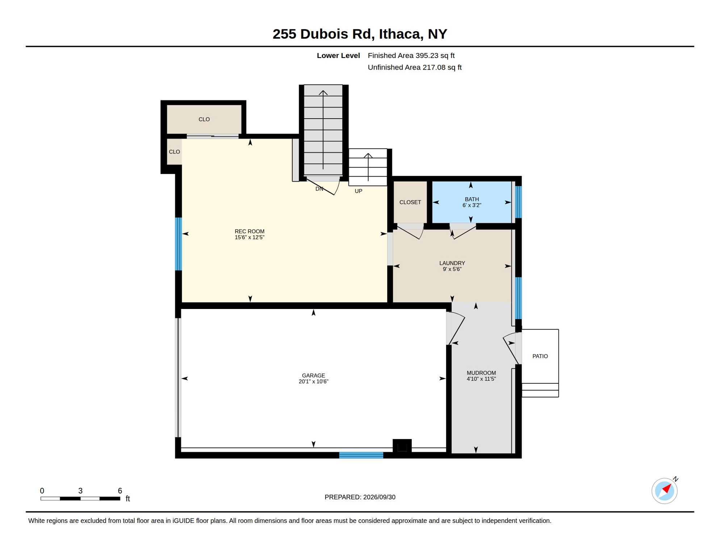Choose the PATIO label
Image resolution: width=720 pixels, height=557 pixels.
click(540, 356)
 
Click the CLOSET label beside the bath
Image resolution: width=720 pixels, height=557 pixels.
click(410, 202)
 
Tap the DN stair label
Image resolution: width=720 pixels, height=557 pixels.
click(319, 189)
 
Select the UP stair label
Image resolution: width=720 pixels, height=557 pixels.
click(359, 191)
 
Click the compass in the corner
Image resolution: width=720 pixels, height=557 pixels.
click(665, 491)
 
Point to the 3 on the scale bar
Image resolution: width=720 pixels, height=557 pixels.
click(80, 491)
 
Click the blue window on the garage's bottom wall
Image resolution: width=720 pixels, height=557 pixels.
click(361, 455)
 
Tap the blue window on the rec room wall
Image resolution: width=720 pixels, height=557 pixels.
click(178, 244)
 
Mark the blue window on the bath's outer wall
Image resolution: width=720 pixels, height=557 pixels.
click(519, 202)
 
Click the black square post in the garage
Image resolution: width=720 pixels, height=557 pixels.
click(402, 446)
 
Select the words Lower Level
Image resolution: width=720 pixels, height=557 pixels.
click(338, 55)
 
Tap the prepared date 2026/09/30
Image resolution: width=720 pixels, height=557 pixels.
click(379, 497)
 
